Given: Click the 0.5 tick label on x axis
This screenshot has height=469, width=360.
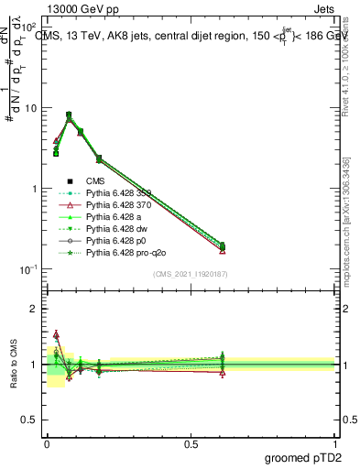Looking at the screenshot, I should point(191,444).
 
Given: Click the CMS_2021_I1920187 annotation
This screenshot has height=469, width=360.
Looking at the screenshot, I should point(191,274).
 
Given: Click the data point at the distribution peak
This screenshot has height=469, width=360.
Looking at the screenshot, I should point(69,115).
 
